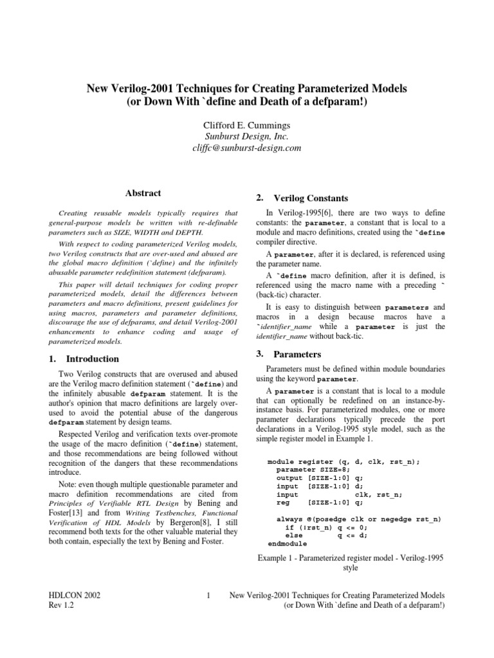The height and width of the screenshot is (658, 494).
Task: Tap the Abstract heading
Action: coord(142,193)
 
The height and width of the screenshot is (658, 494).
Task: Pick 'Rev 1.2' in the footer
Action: coord(61,606)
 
